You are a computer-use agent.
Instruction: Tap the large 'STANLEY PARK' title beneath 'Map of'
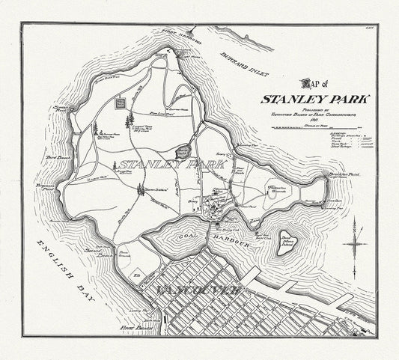tap(291, 97)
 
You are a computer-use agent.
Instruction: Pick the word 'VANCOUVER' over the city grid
tap(200, 290)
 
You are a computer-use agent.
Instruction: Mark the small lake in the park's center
tap(183, 148)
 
